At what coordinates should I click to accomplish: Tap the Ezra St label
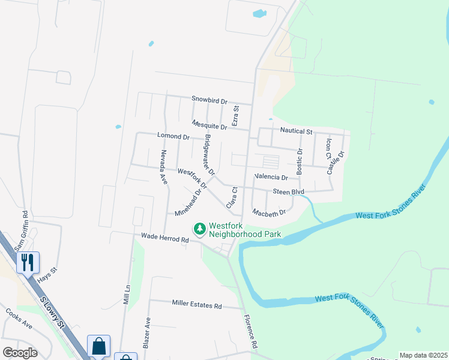coord(236,115)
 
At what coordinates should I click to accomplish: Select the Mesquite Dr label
coord(209,125)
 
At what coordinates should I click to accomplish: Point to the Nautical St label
coord(297,130)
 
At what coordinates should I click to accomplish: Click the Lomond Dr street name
coord(173,137)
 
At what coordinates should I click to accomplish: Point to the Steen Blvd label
coord(289,192)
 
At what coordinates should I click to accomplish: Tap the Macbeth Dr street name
coord(268,212)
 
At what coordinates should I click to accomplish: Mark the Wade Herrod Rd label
coord(165,238)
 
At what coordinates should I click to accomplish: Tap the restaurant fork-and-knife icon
coord(28,262)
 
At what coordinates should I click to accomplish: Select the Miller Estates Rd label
coord(196,305)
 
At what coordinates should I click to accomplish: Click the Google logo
coord(20,352)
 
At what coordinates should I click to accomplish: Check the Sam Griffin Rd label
coord(21,232)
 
